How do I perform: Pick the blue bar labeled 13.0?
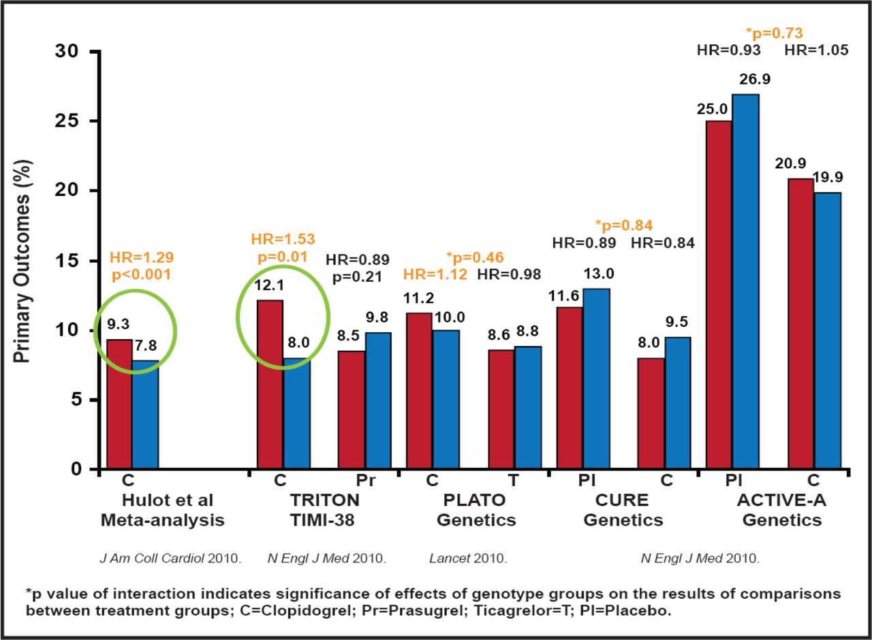coord(596,379)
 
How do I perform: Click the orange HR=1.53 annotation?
coord(283,239)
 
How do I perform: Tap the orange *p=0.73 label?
coord(775,32)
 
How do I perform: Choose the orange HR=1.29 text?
coord(141,257)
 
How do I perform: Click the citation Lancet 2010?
coord(468,559)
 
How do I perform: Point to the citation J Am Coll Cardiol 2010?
coord(170,559)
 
